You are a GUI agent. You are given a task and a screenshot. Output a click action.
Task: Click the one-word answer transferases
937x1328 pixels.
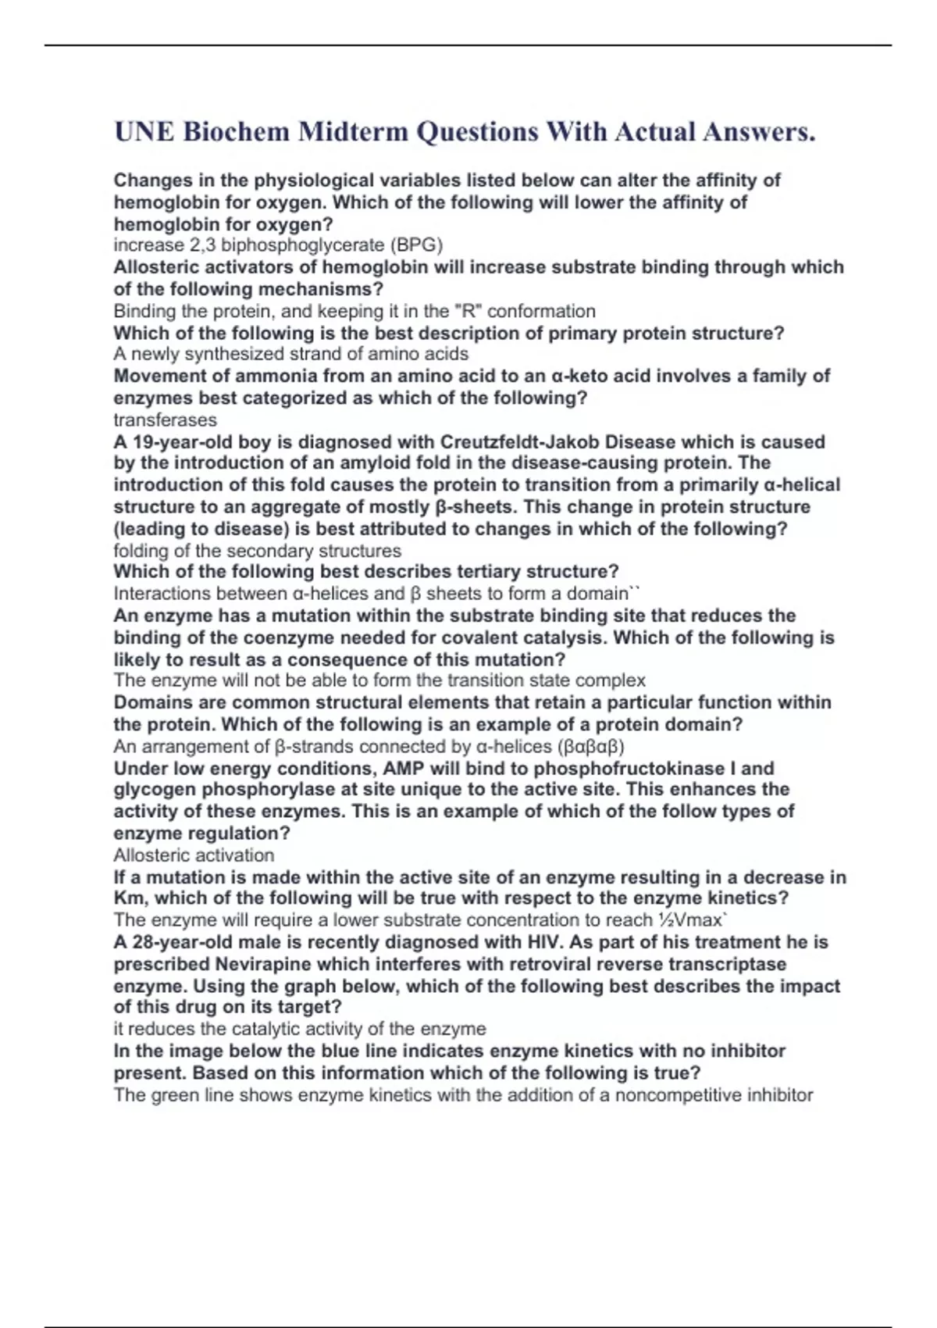pyautogui.click(x=165, y=419)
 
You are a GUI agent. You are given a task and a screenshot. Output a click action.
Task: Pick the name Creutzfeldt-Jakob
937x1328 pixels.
pyautogui.click(x=521, y=441)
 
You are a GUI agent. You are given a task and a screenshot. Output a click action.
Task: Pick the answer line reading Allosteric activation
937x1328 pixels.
pyautogui.click(x=194, y=855)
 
